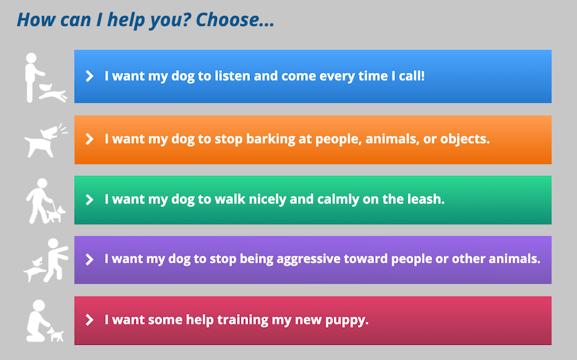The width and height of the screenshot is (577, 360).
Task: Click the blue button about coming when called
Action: (313, 76)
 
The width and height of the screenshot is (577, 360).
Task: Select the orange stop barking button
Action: (313, 140)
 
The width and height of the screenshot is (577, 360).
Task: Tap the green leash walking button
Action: (313, 200)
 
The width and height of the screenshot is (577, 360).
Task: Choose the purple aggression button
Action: (313, 260)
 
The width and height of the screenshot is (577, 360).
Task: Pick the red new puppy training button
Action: (313, 321)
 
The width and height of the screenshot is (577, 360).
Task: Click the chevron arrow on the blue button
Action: (89, 76)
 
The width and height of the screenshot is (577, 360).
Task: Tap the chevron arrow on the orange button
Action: (89, 139)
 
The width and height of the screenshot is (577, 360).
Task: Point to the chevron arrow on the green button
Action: (89, 199)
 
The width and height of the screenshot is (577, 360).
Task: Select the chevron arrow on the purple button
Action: (89, 259)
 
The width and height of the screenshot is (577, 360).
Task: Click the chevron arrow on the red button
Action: (89, 320)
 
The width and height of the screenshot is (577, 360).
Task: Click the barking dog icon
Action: (45, 141)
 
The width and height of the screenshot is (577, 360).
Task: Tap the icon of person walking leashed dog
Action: (45, 201)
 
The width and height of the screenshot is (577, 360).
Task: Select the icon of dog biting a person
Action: (46, 260)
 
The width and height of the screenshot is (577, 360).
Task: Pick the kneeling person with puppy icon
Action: (45, 321)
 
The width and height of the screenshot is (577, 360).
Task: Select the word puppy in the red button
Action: (347, 320)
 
